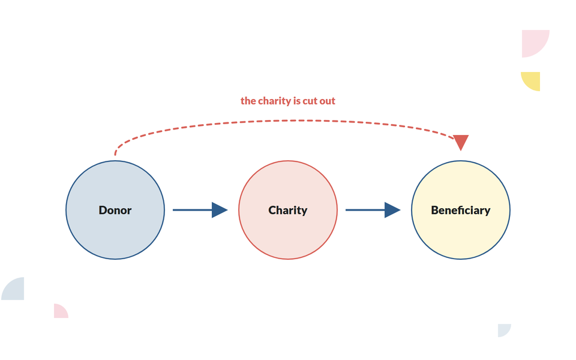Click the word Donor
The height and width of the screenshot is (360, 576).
[115, 210]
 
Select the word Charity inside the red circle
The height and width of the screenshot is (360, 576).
[287, 211]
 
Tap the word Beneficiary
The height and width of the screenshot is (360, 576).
[461, 211]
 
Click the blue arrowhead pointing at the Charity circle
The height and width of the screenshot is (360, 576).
[220, 210]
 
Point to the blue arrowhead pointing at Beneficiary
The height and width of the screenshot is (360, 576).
[392, 210]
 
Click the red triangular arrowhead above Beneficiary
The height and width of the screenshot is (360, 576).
[461, 142]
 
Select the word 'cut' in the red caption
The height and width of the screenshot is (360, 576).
[310, 101]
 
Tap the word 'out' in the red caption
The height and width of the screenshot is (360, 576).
[327, 101]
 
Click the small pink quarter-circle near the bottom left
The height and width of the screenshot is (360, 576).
[59, 312]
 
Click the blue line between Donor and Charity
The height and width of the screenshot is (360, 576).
[193, 210]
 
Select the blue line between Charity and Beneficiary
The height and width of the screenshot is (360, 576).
[365, 210]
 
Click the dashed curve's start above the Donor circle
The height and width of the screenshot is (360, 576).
[115, 155]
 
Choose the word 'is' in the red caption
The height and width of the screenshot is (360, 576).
[297, 101]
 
